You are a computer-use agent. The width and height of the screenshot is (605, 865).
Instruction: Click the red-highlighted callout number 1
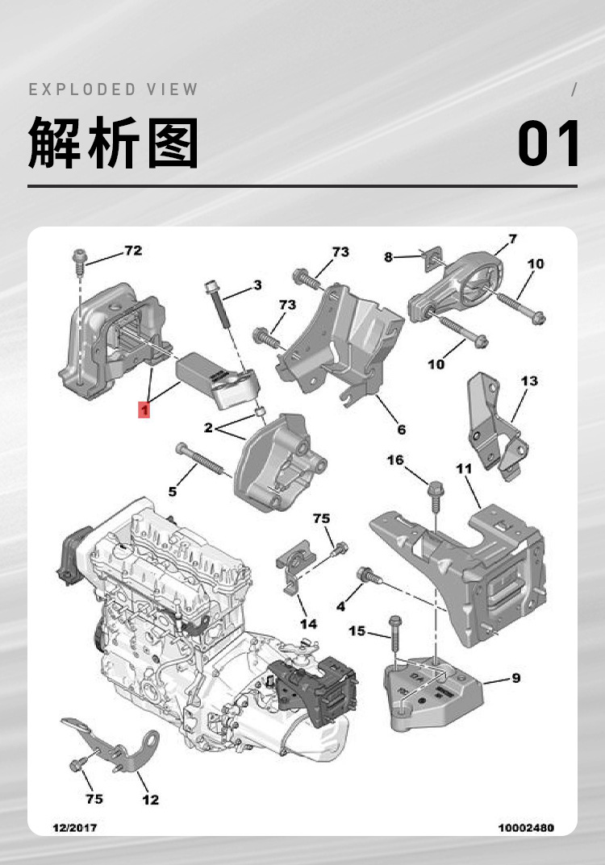point(144,410)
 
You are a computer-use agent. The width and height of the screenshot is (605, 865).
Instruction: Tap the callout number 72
point(132,251)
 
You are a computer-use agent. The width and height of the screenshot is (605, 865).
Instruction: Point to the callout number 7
point(512,239)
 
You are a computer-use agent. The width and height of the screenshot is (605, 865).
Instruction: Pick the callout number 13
point(528,381)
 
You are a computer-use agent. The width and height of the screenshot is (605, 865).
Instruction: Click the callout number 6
point(401,430)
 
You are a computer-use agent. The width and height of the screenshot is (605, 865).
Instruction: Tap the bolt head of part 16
point(434,488)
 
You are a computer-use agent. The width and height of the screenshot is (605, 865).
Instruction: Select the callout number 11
point(463,468)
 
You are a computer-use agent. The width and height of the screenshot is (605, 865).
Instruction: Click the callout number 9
point(515,677)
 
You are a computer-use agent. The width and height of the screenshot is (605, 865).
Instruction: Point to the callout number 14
point(308,623)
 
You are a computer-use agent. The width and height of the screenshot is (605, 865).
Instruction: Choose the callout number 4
point(340,605)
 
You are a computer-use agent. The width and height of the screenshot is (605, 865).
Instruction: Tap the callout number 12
point(150,799)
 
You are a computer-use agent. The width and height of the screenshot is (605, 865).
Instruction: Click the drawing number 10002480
point(526,827)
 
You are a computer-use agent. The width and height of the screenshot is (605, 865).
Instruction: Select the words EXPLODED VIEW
point(114,89)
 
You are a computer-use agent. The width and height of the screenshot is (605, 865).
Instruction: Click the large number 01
point(549,144)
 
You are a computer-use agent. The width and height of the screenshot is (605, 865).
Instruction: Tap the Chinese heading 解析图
point(114,143)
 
